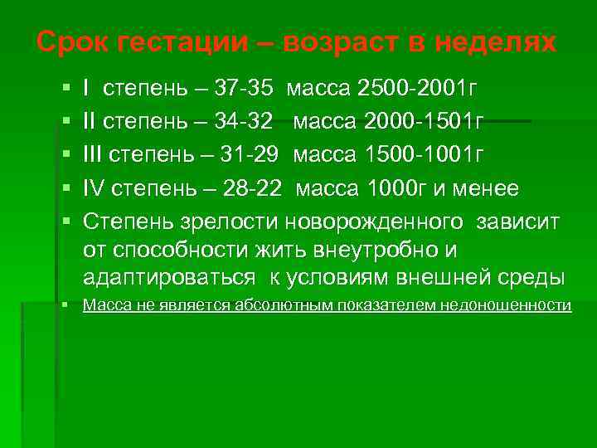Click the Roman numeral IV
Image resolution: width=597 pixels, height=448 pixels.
pos(93,189)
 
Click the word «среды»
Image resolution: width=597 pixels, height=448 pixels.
pos(535,276)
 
